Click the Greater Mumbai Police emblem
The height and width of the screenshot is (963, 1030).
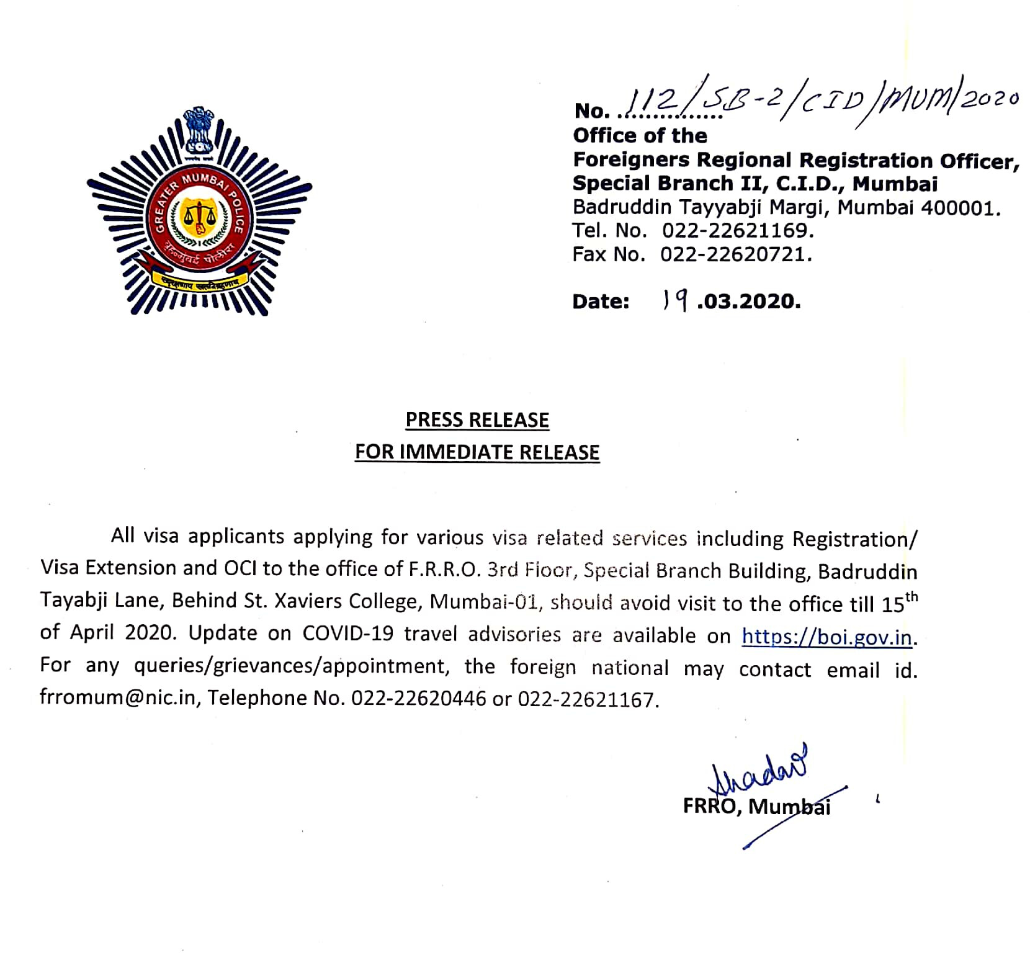[x=199, y=212]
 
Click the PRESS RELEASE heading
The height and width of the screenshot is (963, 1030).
[x=477, y=420]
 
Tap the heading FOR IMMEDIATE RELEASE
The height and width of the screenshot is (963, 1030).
[x=477, y=452]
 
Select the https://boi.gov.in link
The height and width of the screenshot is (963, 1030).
[x=827, y=637]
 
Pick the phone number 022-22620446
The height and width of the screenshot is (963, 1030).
[x=418, y=699]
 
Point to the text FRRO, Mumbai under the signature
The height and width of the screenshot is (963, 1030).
[x=756, y=806]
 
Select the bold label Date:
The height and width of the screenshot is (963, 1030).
[x=601, y=302]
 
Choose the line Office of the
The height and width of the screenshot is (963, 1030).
[x=640, y=135]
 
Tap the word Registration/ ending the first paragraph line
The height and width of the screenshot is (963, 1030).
[x=854, y=539]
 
